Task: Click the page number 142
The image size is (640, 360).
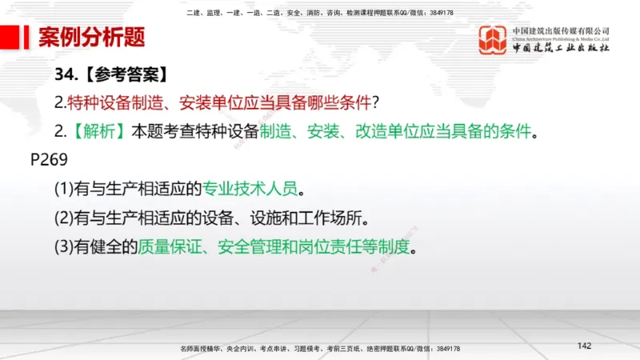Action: point(584,346)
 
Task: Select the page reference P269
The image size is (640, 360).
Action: point(50,159)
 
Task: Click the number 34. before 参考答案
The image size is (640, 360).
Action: point(65,74)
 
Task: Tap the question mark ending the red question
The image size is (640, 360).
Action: point(374,102)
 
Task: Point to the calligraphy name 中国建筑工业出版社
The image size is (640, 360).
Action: point(561,48)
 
